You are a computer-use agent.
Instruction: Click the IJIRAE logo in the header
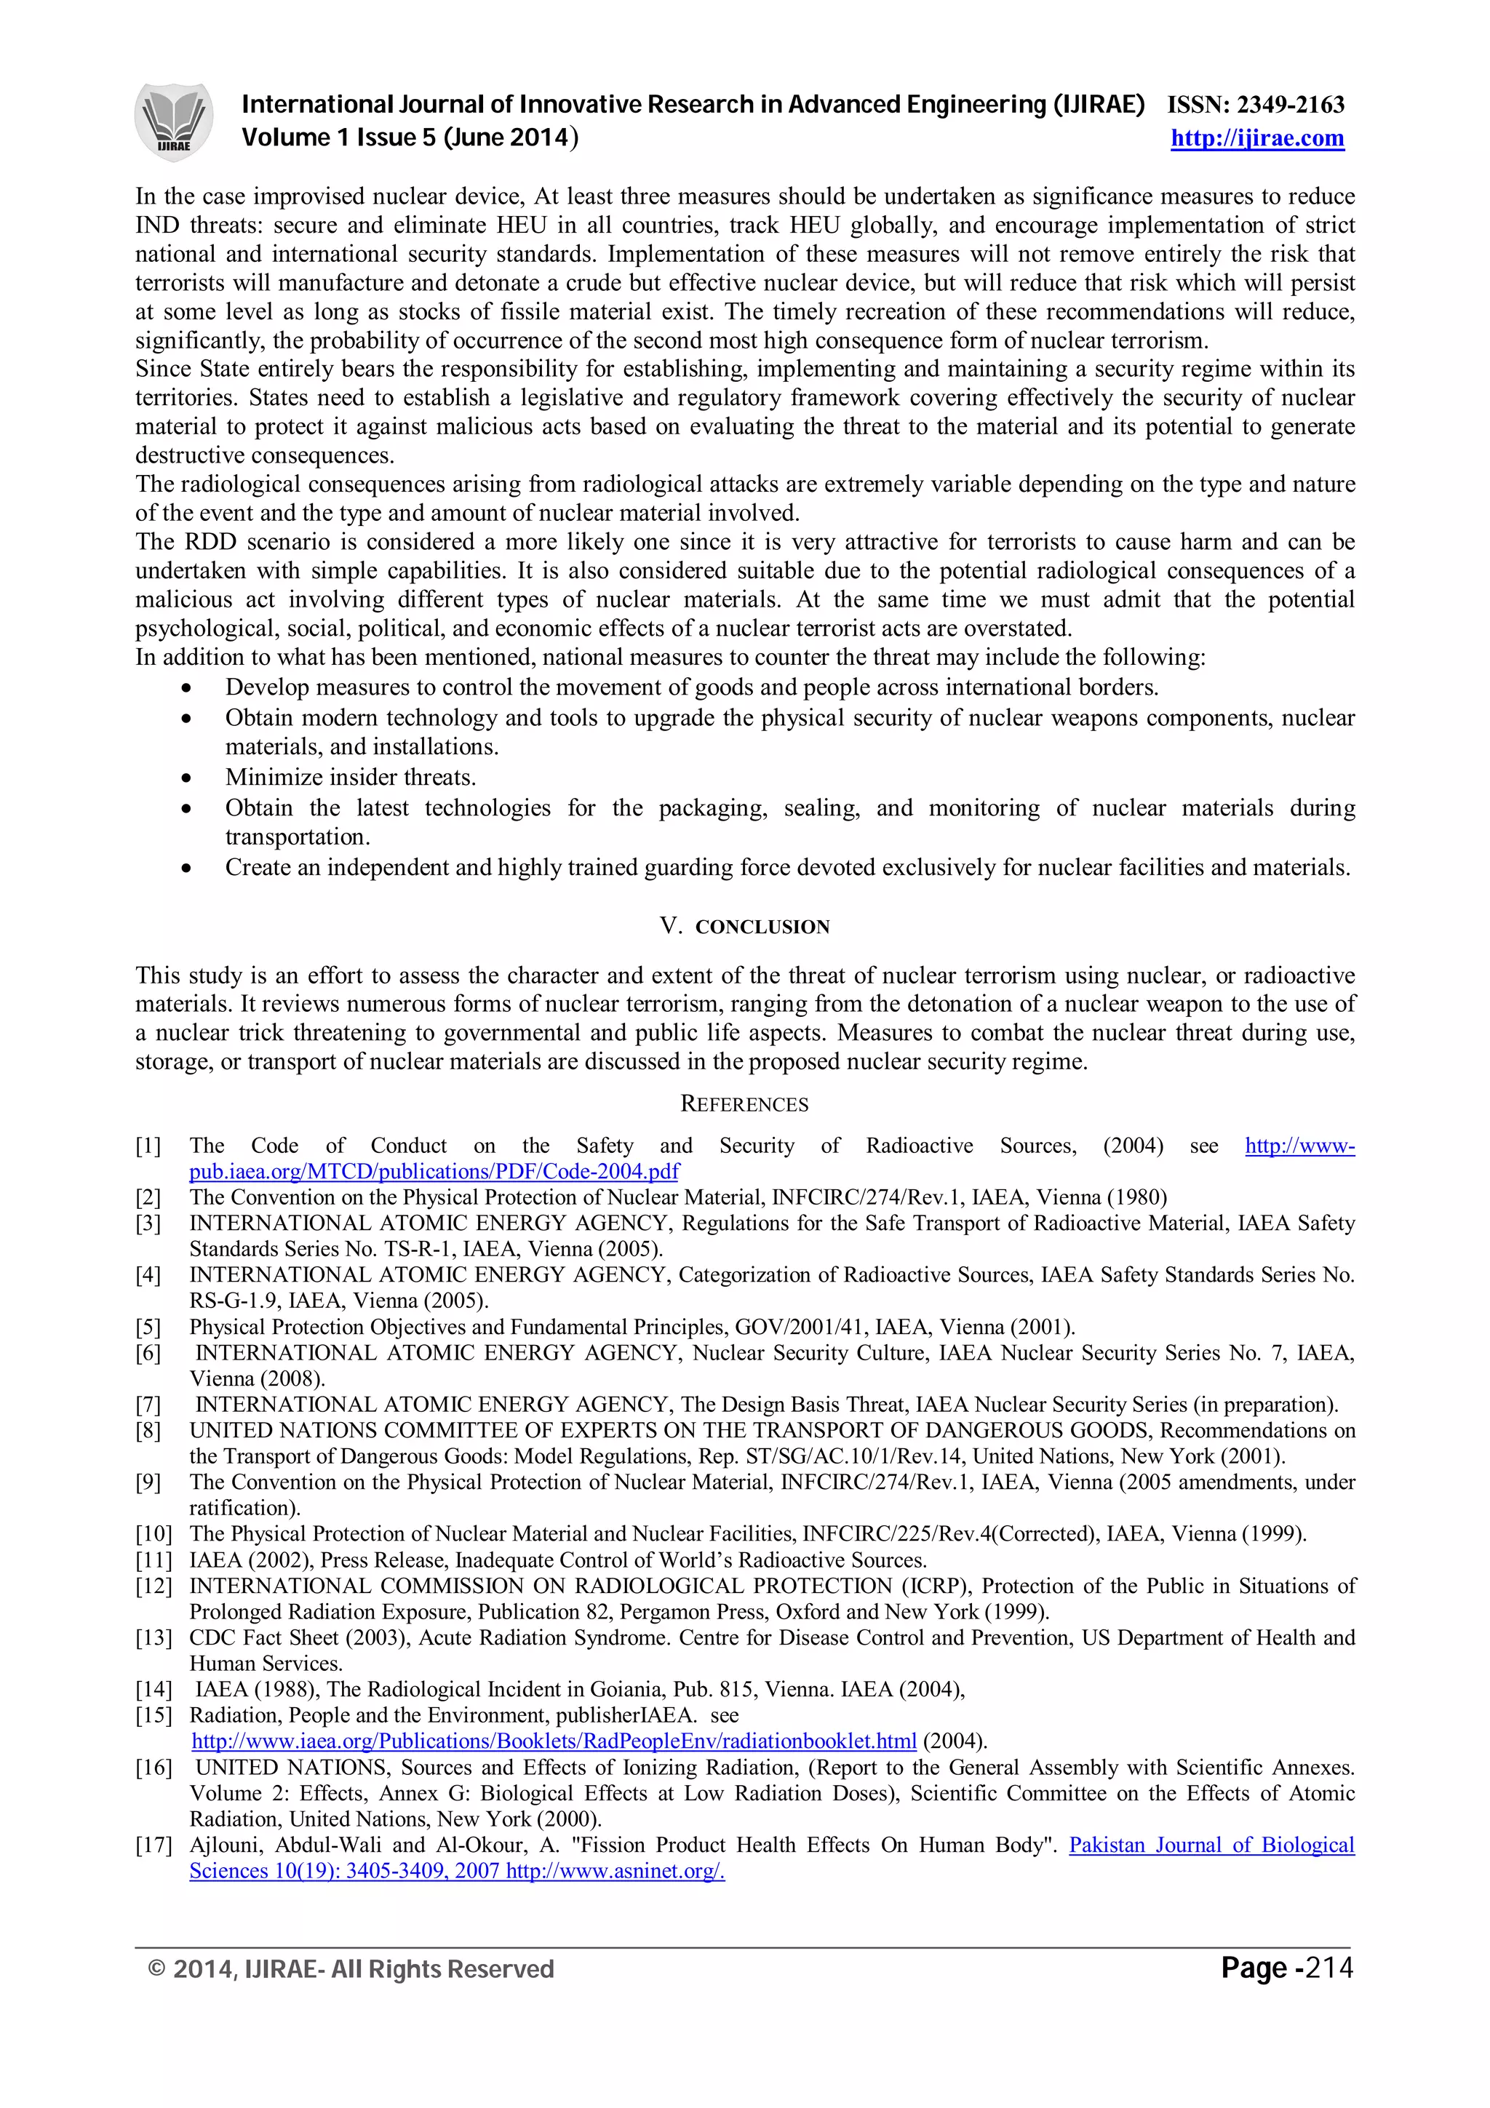pos(173,121)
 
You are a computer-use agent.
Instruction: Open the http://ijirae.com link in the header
pos(1256,139)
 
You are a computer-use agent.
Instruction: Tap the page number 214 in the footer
pos(1328,1967)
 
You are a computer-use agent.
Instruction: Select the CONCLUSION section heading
pos(762,927)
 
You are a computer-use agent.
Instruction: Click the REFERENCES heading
pos(744,1104)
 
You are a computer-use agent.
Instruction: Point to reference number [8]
pos(148,1430)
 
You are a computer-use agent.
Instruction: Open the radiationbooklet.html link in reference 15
pos(554,1741)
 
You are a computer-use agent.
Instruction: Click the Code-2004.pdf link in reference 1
pos(434,1172)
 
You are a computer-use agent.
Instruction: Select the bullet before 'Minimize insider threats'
pos(187,778)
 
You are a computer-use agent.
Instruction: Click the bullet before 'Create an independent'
pos(187,869)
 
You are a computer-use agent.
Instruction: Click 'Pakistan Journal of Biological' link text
pos(1211,1845)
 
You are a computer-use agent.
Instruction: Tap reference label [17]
pos(152,1845)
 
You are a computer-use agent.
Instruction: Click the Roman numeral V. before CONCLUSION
pos(670,927)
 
